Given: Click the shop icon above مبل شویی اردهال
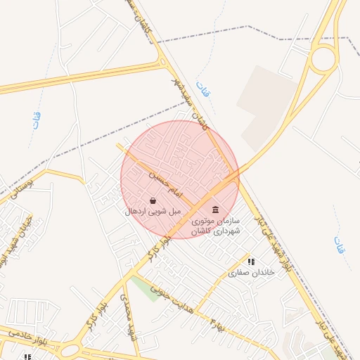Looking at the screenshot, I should point(153,200).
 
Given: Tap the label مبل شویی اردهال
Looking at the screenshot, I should point(153,211).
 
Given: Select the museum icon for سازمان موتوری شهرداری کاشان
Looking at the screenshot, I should point(215,210).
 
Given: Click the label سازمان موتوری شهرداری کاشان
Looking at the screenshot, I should point(215,226).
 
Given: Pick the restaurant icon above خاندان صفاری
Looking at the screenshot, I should point(251,262).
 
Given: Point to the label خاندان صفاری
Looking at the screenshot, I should point(244,272).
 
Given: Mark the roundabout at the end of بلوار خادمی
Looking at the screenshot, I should point(70,349).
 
